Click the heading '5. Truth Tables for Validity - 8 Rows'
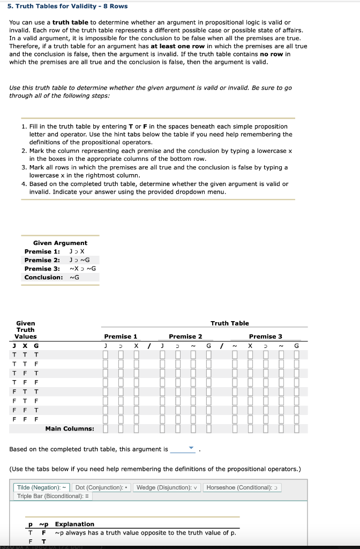coord(61,6)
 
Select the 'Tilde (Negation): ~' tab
coord(43,487)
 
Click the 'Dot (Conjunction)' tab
coord(102,487)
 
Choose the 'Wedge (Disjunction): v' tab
coord(167,487)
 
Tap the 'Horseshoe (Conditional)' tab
coord(242,487)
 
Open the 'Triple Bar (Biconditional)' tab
coord(47,496)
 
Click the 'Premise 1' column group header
coord(121,336)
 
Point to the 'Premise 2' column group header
coord(185,336)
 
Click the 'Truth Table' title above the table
coord(229,323)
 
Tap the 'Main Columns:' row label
coord(70,428)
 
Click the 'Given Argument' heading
coord(60,243)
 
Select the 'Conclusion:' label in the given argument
coord(43,277)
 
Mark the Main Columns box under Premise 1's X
coord(137,428)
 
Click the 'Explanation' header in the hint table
coord(74,524)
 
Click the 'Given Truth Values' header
coord(26,330)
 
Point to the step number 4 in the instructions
coord(24,184)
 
